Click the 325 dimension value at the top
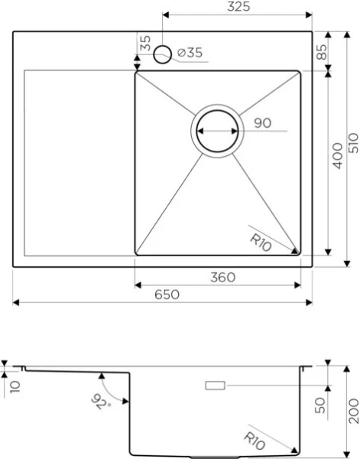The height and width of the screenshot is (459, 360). (x=238, y=8)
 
